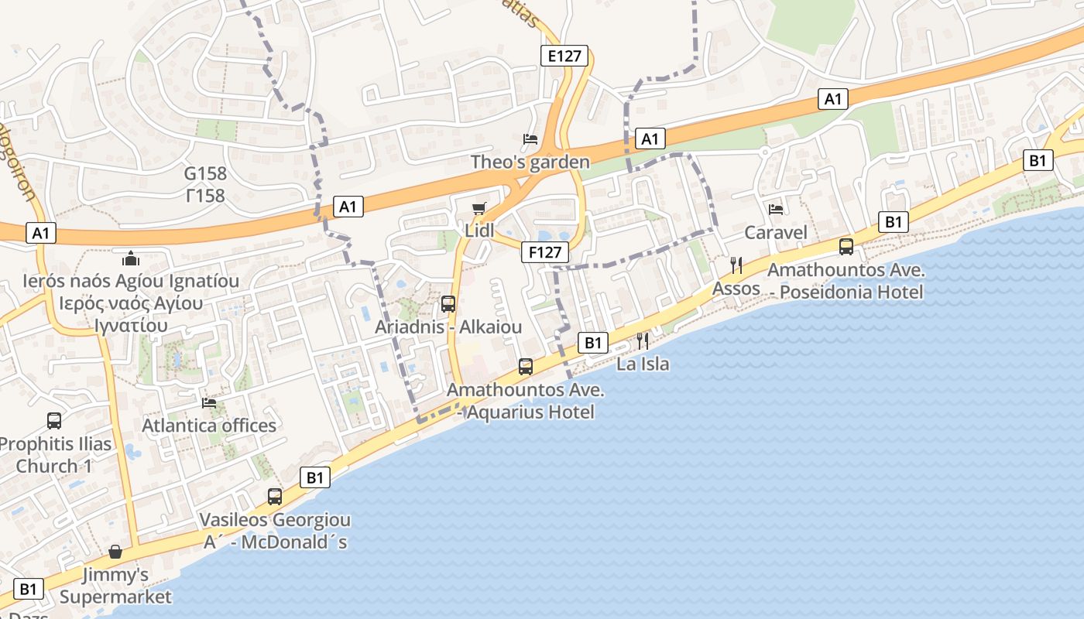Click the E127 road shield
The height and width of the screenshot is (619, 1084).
tap(564, 56)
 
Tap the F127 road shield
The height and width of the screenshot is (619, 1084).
tap(545, 251)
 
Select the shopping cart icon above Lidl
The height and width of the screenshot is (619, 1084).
tap(479, 208)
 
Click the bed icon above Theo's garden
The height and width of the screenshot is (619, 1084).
tap(530, 139)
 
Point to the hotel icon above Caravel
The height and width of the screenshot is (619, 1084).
tap(775, 209)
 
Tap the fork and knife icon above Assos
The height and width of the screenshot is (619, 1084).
tap(736, 265)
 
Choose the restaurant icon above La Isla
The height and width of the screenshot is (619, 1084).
tap(643, 340)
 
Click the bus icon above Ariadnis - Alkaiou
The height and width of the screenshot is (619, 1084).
tap(448, 304)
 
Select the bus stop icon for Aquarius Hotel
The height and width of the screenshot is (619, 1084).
tap(526, 366)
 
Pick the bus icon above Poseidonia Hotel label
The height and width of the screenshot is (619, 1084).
tap(846, 247)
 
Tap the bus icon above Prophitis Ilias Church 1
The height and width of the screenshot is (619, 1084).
tap(54, 420)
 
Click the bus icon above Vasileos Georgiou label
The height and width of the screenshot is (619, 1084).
tap(275, 496)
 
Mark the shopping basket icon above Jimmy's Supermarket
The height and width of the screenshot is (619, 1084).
tap(115, 552)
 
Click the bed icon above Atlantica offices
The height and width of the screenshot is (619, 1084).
tap(208, 402)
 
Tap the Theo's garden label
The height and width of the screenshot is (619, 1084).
tap(530, 162)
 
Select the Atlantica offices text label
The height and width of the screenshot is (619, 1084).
tap(209, 426)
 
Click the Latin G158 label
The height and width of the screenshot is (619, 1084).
tap(205, 173)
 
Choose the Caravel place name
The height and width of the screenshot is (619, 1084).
tap(776, 232)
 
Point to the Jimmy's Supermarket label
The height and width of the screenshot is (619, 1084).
tap(115, 586)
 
